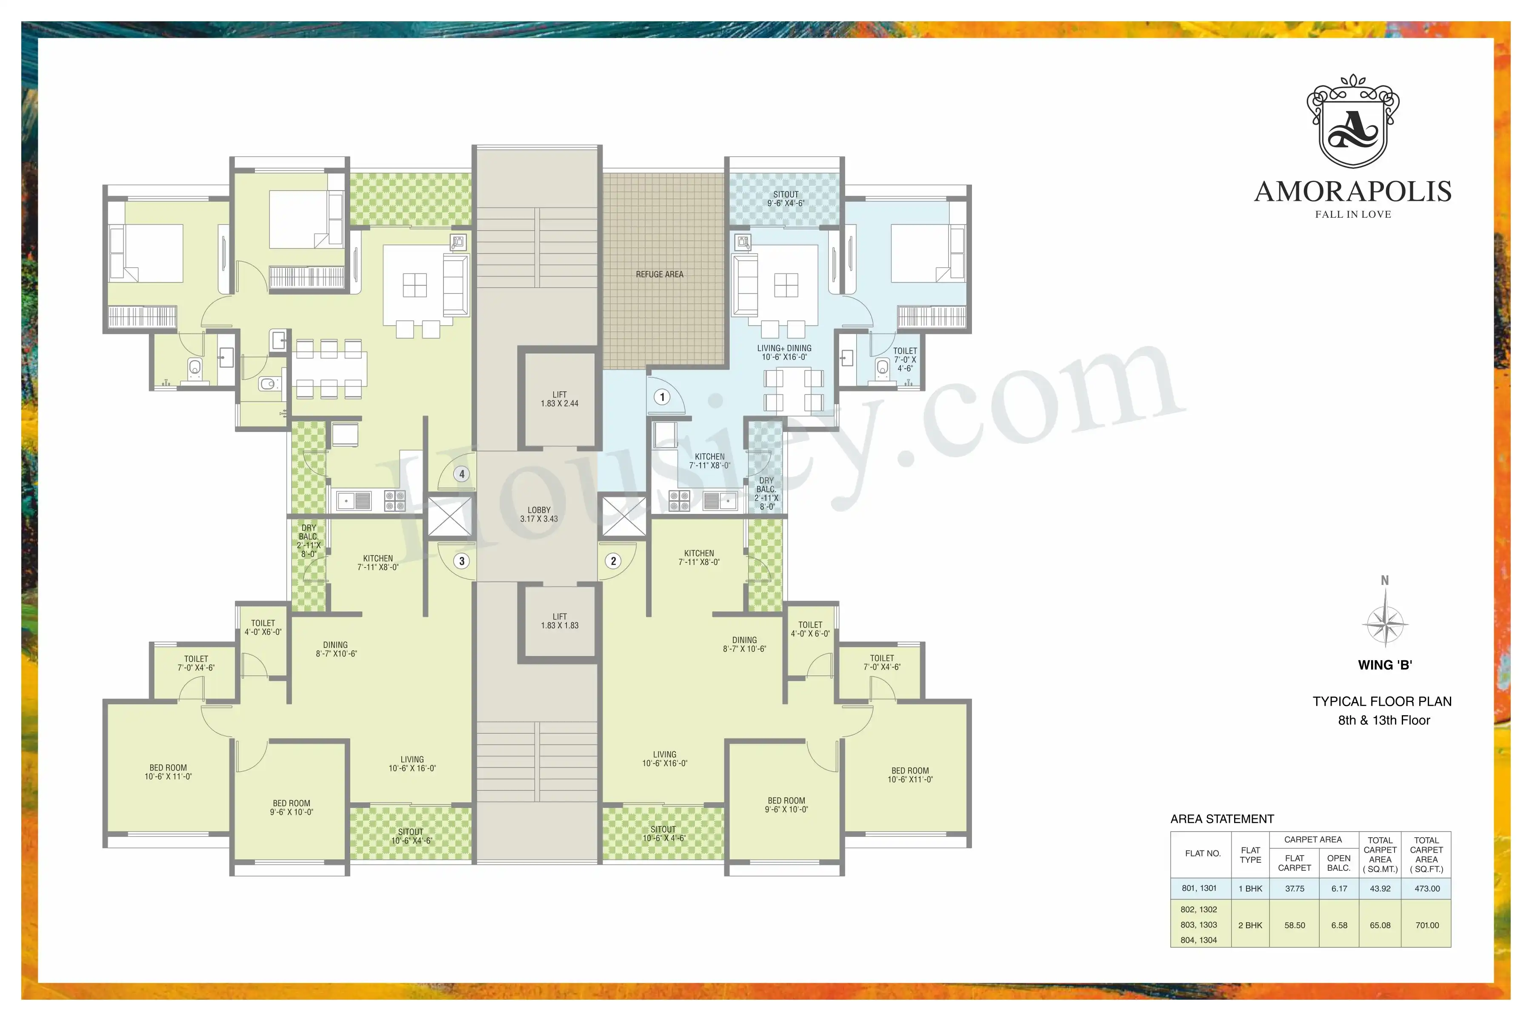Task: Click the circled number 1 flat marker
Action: (x=662, y=397)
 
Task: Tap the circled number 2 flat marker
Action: (x=613, y=561)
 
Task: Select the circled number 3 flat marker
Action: (x=462, y=561)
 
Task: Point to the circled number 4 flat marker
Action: (x=462, y=474)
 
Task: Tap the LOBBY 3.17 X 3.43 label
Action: (x=539, y=514)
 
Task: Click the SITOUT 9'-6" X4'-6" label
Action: (x=786, y=199)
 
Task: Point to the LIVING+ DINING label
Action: (x=784, y=348)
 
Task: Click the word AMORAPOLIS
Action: (x=1353, y=191)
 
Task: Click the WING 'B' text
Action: (x=1385, y=665)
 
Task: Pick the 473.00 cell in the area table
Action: (x=1427, y=888)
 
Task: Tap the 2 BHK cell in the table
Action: (x=1250, y=924)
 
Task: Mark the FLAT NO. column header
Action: (x=1203, y=854)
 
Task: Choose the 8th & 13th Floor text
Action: (x=1384, y=720)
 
